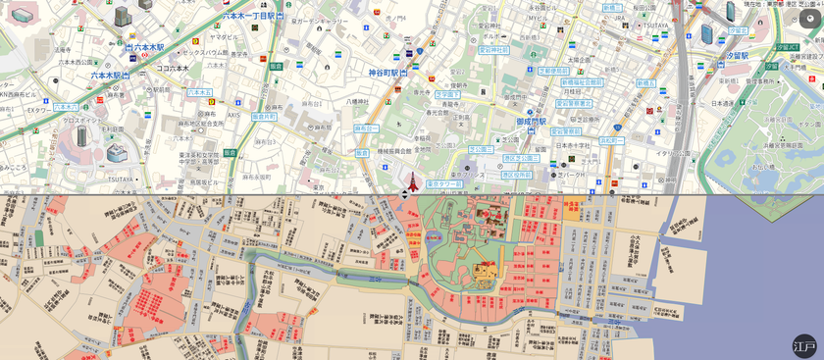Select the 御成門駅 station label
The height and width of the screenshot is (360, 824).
pyautogui.click(x=531, y=122)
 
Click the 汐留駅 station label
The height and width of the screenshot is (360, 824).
pyautogui.click(x=738, y=30)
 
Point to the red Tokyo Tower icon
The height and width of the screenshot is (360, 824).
pyautogui.click(x=412, y=180)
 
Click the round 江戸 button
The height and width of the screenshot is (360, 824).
pyautogui.click(x=804, y=345)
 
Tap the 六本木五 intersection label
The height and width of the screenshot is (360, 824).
pyautogui.click(x=200, y=93)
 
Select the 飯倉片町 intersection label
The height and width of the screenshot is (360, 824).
pyautogui.click(x=264, y=116)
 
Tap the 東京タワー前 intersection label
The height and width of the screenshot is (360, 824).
pyautogui.click(x=444, y=183)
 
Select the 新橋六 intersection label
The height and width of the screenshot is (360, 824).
pyautogui.click(x=645, y=83)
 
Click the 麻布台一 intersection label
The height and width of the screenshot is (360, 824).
pyautogui.click(x=366, y=129)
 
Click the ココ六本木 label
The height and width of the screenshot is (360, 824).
pyautogui.click(x=175, y=69)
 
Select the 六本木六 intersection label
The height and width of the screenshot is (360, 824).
pyautogui.click(x=65, y=107)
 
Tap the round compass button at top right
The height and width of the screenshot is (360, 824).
pyautogui.click(x=810, y=17)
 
